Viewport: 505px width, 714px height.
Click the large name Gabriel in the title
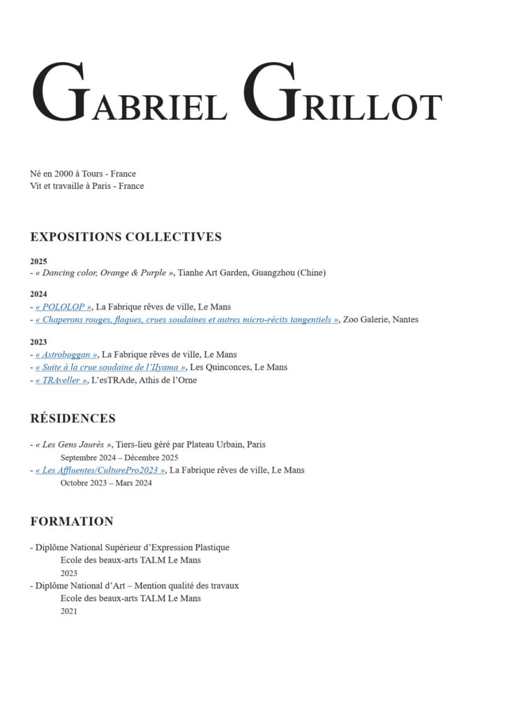click(x=130, y=94)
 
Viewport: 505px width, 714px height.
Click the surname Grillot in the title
click(x=345, y=94)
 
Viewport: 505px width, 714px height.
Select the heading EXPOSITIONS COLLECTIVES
click(x=126, y=237)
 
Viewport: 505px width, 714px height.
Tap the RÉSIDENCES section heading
click(x=73, y=418)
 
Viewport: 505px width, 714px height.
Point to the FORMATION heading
click(x=71, y=522)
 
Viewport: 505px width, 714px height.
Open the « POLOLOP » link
click(x=63, y=307)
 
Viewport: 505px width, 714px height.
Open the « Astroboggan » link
click(x=66, y=354)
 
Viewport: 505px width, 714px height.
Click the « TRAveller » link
click(x=61, y=380)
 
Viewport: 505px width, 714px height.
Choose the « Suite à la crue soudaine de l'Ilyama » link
click(x=110, y=367)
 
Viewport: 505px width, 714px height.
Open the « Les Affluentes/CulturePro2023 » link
click(x=100, y=470)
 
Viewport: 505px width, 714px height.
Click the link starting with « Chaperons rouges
click(x=186, y=319)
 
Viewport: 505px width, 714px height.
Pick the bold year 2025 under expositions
click(x=38, y=261)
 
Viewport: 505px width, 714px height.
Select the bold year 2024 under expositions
click(x=38, y=294)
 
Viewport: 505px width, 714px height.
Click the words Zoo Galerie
click(x=367, y=319)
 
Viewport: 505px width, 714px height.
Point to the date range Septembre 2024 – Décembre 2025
click(x=119, y=457)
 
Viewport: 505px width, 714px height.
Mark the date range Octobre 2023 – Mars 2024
click(x=106, y=483)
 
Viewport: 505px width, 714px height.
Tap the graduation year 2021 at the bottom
click(x=69, y=611)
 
